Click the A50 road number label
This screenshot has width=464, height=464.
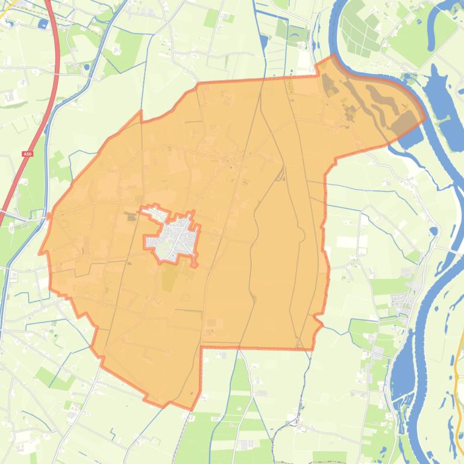[27, 155]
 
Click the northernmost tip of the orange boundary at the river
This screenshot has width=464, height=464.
[333, 55]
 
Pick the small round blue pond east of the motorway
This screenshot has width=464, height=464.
[87, 67]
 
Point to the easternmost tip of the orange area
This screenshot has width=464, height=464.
[425, 118]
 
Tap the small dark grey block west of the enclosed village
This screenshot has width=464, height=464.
[132, 218]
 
